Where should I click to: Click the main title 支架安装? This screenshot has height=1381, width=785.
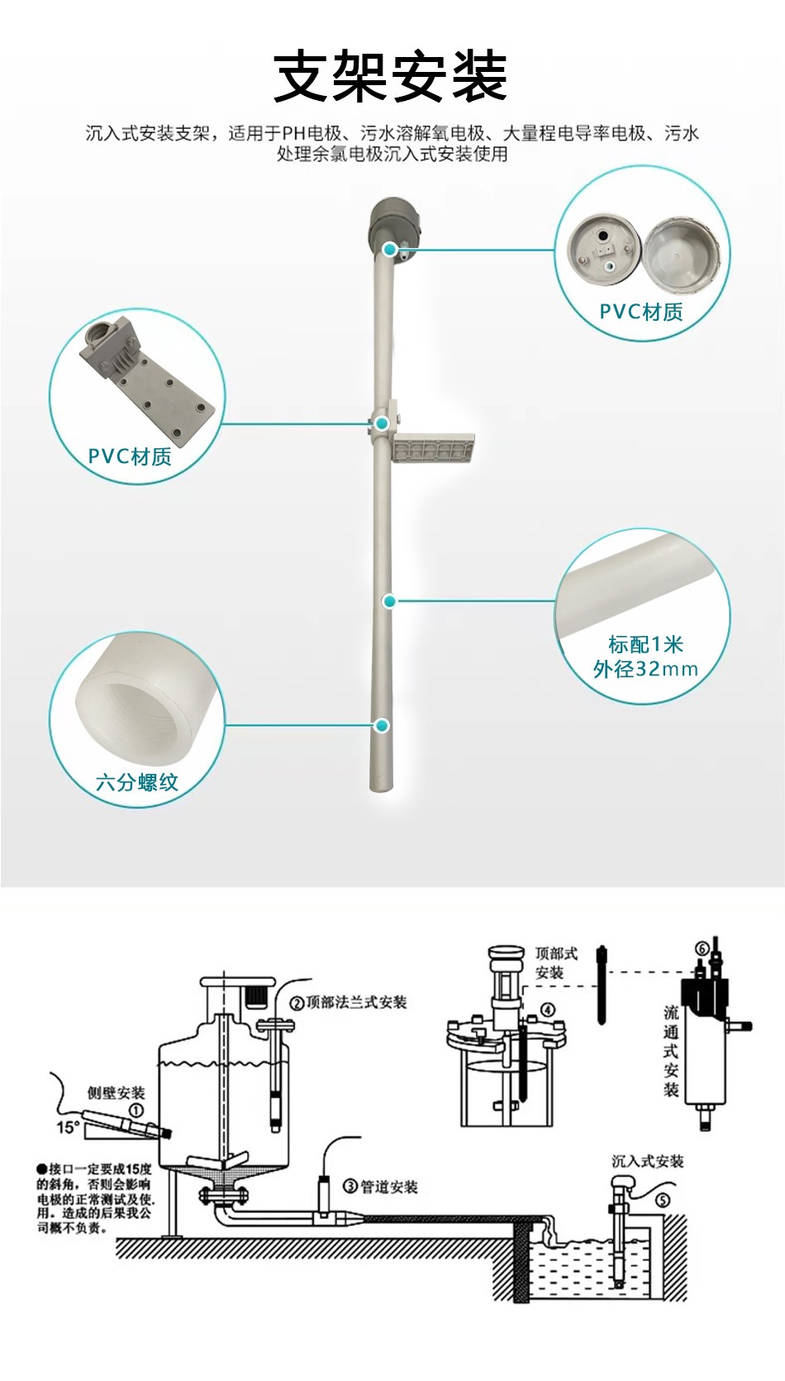pyautogui.click(x=390, y=76)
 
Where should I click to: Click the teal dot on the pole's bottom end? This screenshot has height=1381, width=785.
pyautogui.click(x=382, y=725)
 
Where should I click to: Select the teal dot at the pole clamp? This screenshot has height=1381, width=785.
pyautogui.click(x=382, y=423)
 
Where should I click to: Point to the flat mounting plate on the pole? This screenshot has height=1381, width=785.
pyautogui.click(x=434, y=450)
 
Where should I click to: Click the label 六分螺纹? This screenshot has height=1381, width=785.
pyautogui.click(x=137, y=782)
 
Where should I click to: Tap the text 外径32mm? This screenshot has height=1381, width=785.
pyautogui.click(x=645, y=669)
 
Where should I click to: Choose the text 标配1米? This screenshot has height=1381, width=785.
pyautogui.click(x=645, y=644)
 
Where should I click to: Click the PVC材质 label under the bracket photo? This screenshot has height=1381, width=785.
pyautogui.click(x=130, y=456)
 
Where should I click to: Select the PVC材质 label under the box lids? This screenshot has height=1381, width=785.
pyautogui.click(x=641, y=312)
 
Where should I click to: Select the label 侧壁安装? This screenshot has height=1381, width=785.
pyautogui.click(x=117, y=1093)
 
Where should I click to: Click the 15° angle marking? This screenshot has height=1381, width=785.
pyautogui.click(x=68, y=1127)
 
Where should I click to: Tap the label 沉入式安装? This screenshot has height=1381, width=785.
pyautogui.click(x=647, y=1161)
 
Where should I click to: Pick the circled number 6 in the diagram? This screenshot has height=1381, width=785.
pyautogui.click(x=702, y=948)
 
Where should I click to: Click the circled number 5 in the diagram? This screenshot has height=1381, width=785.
pyautogui.click(x=663, y=1200)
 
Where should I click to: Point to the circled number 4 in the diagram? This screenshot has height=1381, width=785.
pyautogui.click(x=548, y=1010)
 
